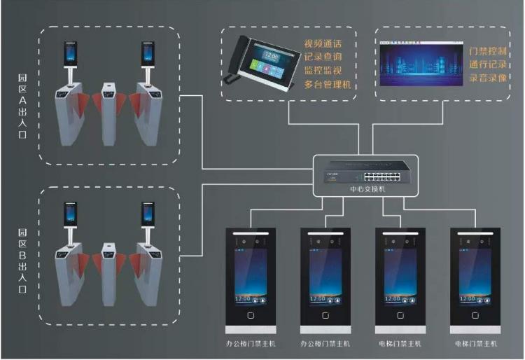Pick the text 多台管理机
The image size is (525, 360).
click(x=327, y=85)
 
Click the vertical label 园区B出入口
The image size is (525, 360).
click(x=23, y=260)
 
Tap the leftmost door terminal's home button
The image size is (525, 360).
click(x=248, y=314)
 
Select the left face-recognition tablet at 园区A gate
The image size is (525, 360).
click(x=69, y=53)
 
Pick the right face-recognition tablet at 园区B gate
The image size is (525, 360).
click(x=147, y=213)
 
